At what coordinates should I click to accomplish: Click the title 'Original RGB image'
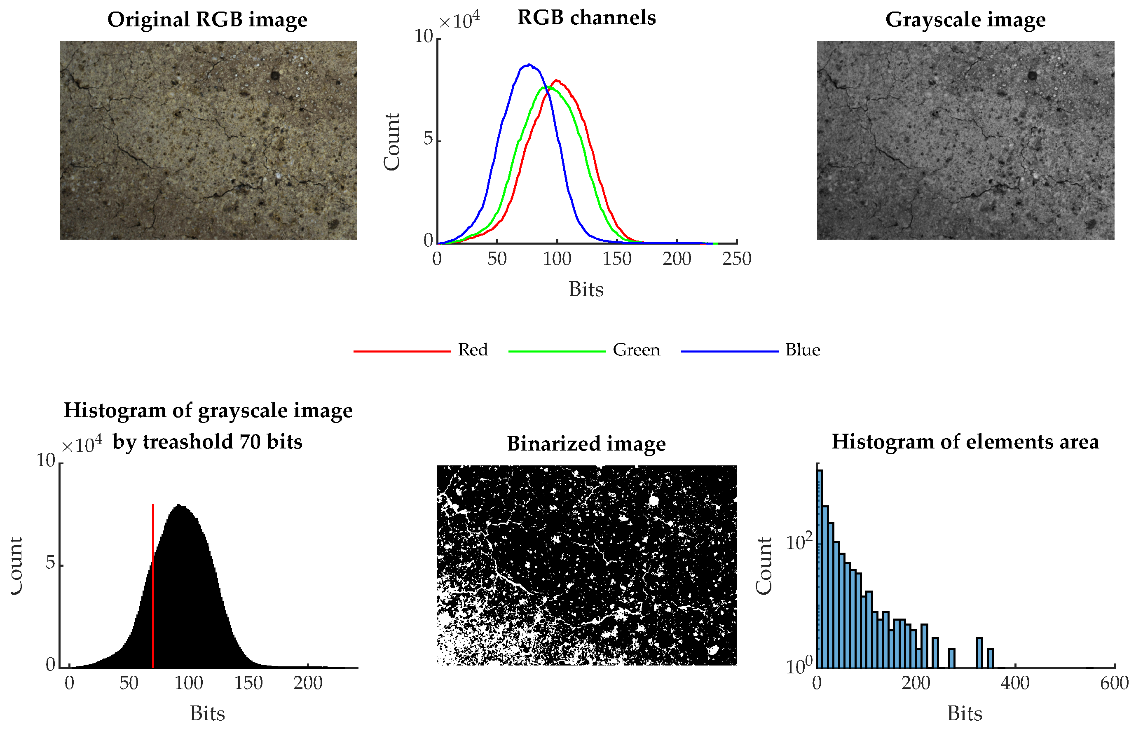tap(207, 20)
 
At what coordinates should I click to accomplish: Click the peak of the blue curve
tap(529, 65)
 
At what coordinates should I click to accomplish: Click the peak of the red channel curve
tap(556, 81)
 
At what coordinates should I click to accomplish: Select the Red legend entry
tap(473, 350)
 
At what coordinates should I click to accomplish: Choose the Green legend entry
tap(636, 350)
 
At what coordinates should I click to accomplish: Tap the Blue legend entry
tap(802, 350)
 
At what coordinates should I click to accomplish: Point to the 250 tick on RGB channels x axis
tap(737, 259)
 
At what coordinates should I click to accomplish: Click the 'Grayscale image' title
tap(965, 20)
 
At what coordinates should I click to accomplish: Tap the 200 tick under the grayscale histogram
tap(308, 683)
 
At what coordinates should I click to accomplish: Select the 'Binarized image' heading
tap(586, 444)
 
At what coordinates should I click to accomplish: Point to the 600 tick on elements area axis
tap(1114, 683)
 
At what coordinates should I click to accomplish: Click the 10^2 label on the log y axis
tap(799, 542)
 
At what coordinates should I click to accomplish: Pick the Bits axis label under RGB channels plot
tap(586, 290)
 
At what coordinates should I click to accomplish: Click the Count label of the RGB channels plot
tap(392, 141)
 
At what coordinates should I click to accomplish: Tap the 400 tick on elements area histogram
tap(1015, 683)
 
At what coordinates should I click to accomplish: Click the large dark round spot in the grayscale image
tap(1032, 75)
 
